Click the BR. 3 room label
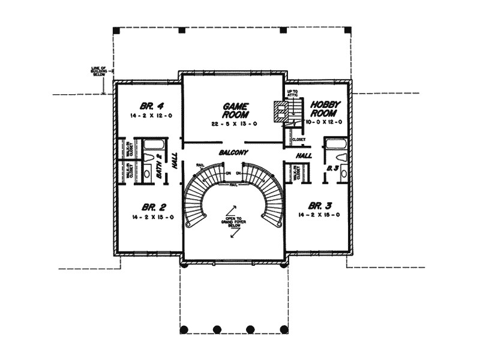(319, 204)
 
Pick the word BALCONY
(233, 153)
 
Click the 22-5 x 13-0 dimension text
(233, 124)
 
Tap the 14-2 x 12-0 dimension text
(147, 115)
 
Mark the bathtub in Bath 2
(153, 144)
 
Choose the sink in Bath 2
(148, 174)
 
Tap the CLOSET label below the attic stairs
(298, 139)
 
